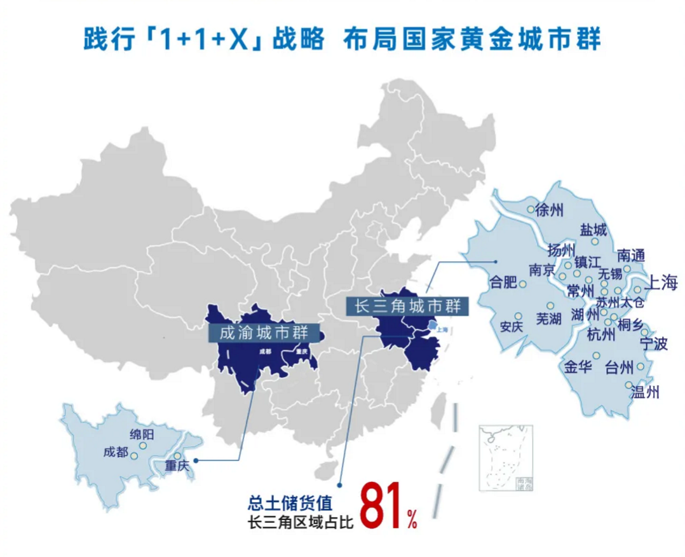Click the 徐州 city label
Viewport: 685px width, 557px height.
(550, 210)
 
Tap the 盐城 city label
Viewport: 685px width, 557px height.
(593, 230)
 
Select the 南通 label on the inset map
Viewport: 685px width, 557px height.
(631, 256)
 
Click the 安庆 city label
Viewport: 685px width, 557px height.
(512, 327)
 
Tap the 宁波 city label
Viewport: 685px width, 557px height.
(654, 345)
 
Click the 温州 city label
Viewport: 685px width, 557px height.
(645, 392)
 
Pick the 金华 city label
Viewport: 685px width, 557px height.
(578, 367)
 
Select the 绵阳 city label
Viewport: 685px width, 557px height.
(142, 435)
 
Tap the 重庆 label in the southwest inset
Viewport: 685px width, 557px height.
(177, 465)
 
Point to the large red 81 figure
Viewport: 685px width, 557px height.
(382, 508)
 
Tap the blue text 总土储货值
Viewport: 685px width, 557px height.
(289, 504)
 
